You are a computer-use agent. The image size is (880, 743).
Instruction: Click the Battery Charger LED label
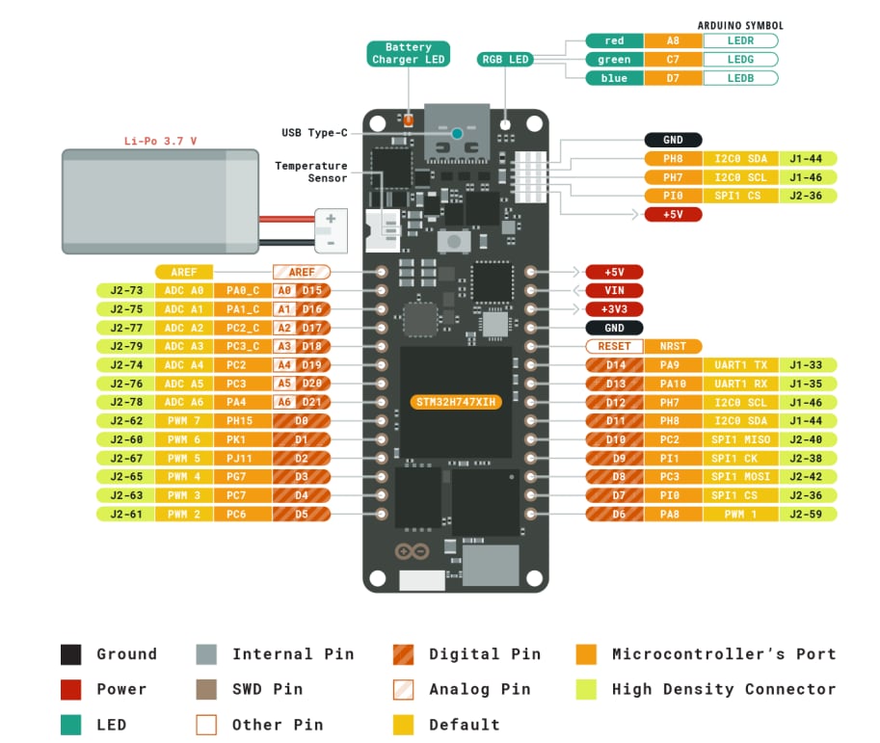pyautogui.click(x=409, y=53)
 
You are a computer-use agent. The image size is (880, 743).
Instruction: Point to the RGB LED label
pyautogui.click(x=506, y=60)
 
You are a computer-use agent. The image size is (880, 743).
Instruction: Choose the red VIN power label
pyautogui.click(x=614, y=290)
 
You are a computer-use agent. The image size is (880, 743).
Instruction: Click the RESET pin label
pyautogui.click(x=614, y=346)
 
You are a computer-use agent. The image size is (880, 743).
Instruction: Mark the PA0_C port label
pyautogui.click(x=242, y=290)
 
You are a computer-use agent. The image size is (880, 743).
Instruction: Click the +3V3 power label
pyautogui.click(x=614, y=309)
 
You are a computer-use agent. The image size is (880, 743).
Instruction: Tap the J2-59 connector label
pyautogui.click(x=808, y=515)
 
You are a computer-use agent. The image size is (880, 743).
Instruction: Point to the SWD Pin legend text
pyautogui.click(x=267, y=689)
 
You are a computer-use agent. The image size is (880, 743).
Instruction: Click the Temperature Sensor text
pyautogui.click(x=310, y=172)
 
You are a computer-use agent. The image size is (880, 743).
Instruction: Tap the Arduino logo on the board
pyautogui.click(x=409, y=552)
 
